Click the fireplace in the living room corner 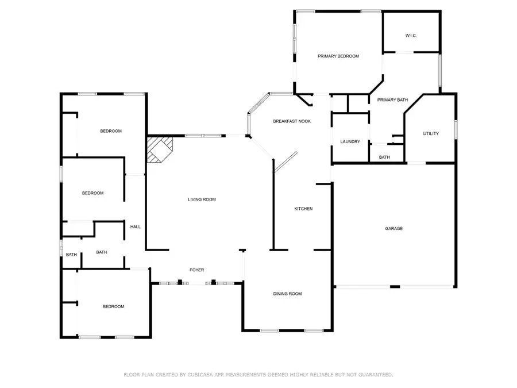157,149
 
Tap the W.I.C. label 411,36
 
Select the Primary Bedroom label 338,56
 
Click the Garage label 393,229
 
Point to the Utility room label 431,134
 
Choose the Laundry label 350,142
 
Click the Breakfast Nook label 292,121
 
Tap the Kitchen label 303,209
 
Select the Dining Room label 287,294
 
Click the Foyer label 197,270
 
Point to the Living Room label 202,199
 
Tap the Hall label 136,227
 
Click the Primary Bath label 392,100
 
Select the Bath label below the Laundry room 384,157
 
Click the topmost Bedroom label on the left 111,131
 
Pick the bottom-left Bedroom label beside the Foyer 113,306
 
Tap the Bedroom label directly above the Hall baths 92,193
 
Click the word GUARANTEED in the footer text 373,375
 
